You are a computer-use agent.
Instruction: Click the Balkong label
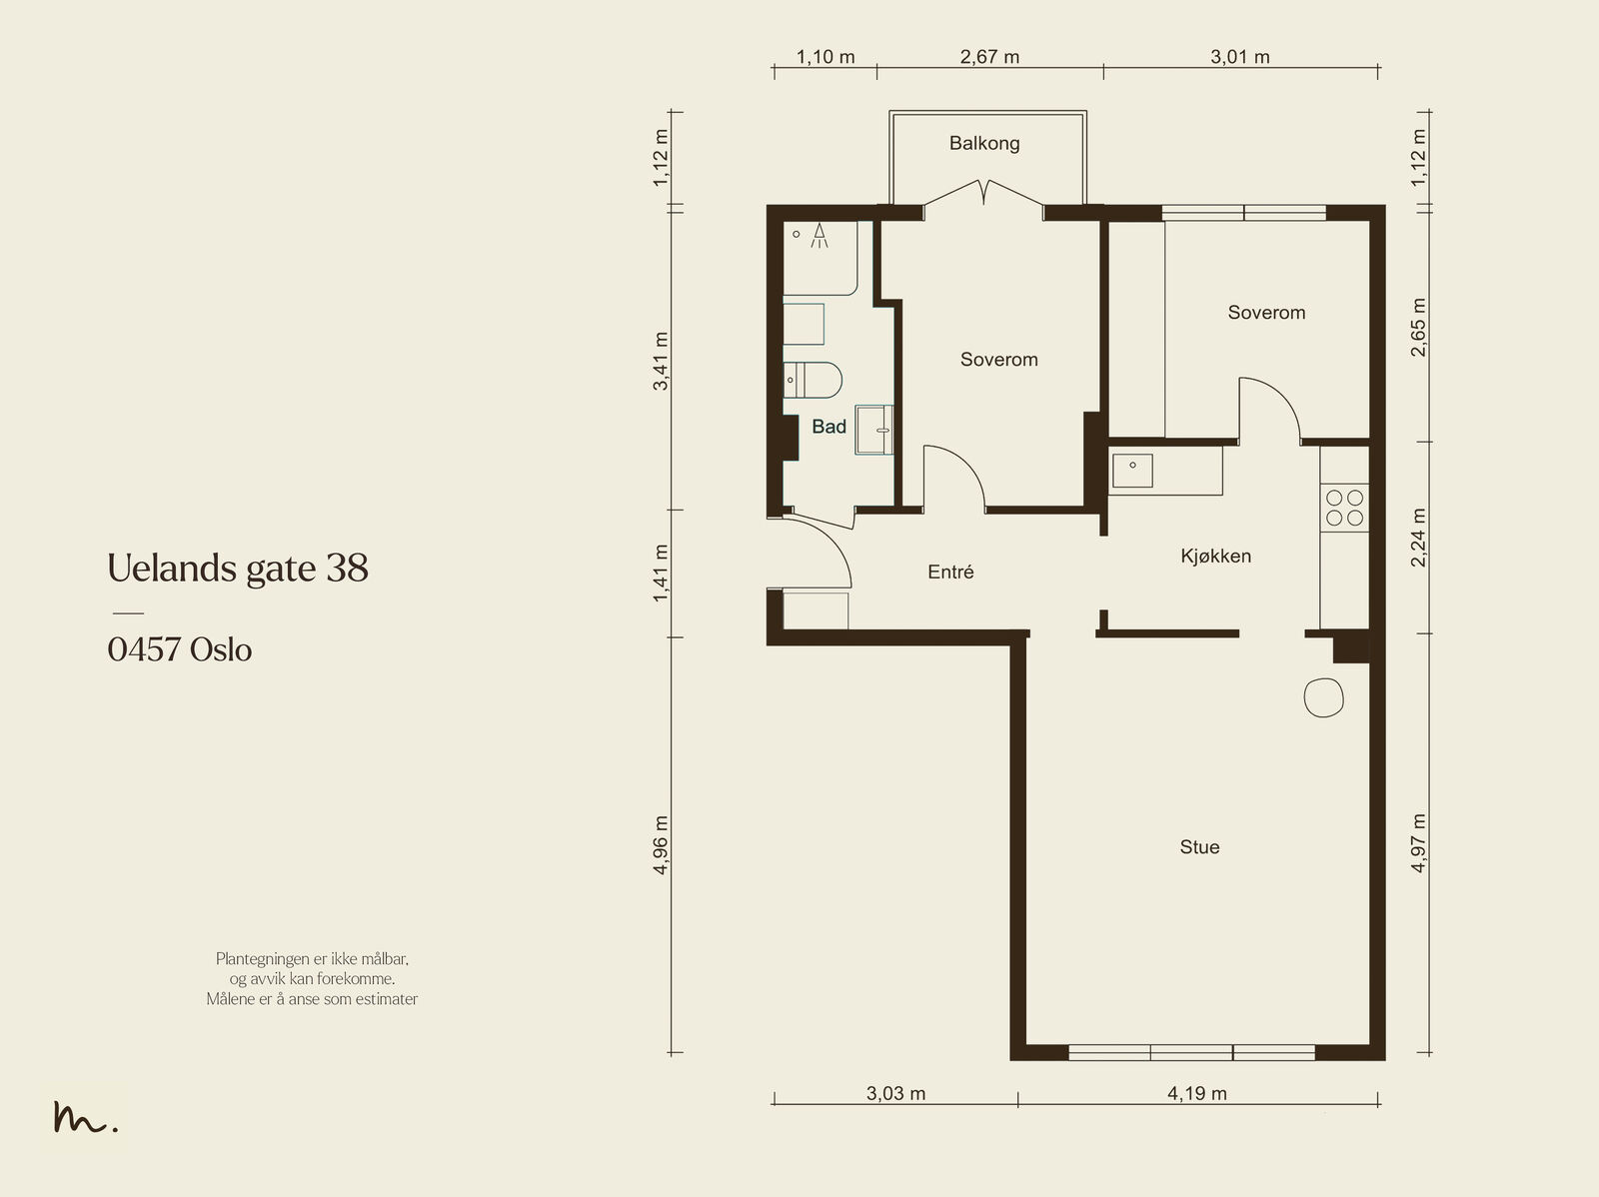(x=984, y=144)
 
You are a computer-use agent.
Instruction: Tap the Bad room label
(x=829, y=427)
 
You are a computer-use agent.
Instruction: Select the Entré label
(x=950, y=573)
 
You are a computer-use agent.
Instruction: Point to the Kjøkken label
(x=1216, y=557)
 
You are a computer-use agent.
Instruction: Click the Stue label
(x=1199, y=846)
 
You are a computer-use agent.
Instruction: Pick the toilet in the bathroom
(x=812, y=380)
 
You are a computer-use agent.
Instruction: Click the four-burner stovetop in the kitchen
(x=1345, y=508)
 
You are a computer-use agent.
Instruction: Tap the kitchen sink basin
(x=1132, y=471)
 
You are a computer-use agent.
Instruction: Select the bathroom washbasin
(x=874, y=431)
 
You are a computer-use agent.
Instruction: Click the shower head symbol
(x=819, y=235)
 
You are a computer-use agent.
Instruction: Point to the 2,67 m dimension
(x=989, y=57)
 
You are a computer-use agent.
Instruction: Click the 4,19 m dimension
(x=1197, y=1094)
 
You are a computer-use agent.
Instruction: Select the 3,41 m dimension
(x=660, y=361)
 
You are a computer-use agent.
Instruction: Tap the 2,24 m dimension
(x=1417, y=538)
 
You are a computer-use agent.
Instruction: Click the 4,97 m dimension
(x=1417, y=843)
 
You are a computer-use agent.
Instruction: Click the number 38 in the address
(x=347, y=568)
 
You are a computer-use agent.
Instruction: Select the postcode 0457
(x=144, y=649)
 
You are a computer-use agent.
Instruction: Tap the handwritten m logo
(x=85, y=1117)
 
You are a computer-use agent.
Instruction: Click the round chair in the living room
(x=1323, y=697)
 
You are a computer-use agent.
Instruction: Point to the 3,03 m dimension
(x=895, y=1094)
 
